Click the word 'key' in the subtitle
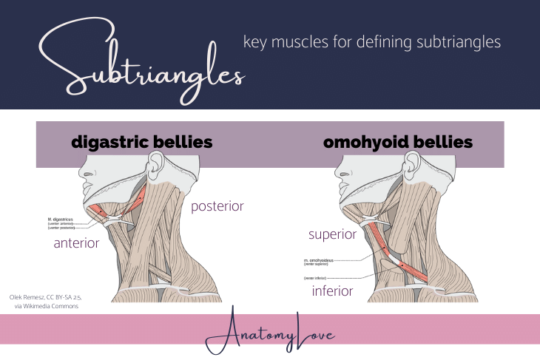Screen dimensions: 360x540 [257, 42]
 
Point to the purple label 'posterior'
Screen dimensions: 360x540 [217, 205]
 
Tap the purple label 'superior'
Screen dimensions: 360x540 [333, 234]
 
